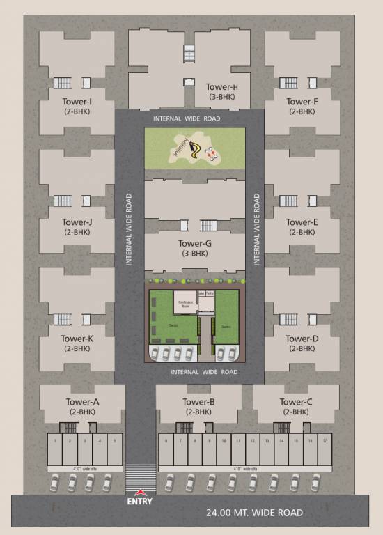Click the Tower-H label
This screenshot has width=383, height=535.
(222, 87)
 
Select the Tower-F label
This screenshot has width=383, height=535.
(302, 102)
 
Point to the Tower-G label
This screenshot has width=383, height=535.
(194, 244)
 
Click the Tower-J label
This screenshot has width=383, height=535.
(77, 223)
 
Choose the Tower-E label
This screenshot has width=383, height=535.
(302, 223)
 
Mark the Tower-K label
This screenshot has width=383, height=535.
(77, 339)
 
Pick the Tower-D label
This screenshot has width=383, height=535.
(302, 339)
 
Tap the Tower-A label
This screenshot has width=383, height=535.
(82, 402)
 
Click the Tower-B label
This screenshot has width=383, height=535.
(198, 402)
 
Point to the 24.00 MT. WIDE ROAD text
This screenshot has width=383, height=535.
(254, 513)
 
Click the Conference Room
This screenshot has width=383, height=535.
(185, 304)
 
